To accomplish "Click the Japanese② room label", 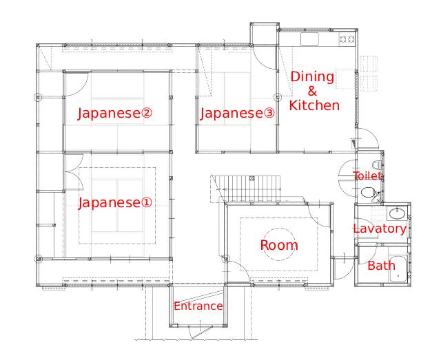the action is click(x=115, y=114).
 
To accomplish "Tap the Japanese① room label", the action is click(x=115, y=202).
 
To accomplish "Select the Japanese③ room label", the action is click(x=237, y=114).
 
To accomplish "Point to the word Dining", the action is click(x=312, y=76).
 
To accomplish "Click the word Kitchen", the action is click(x=314, y=106).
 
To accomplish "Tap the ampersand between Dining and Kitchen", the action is click(x=312, y=91).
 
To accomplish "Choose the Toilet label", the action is click(x=367, y=176).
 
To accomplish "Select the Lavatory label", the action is click(x=380, y=229).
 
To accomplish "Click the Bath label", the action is click(x=381, y=266).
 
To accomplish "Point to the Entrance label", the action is click(x=198, y=306).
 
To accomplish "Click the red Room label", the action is click(x=279, y=245).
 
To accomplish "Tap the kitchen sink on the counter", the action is click(x=309, y=39).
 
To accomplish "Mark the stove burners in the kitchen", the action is click(x=347, y=39).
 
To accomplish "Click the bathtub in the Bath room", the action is click(x=398, y=268).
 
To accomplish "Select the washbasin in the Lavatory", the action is click(x=397, y=213).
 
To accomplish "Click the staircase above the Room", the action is click(x=245, y=189).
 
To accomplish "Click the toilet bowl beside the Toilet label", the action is click(x=367, y=193).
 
